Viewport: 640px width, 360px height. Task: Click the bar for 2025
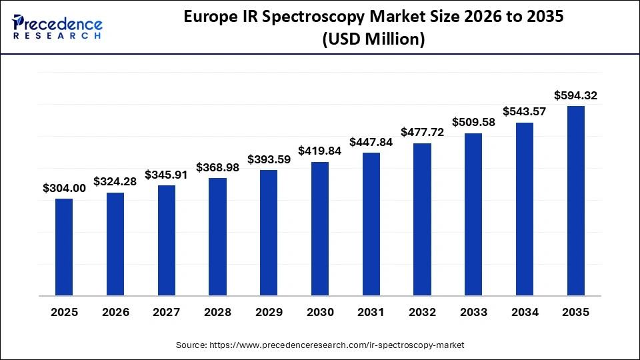(x=64, y=247)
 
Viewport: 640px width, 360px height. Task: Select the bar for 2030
(x=320, y=229)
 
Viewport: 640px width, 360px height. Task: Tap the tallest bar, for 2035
(x=575, y=201)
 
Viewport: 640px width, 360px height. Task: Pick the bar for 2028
(x=217, y=237)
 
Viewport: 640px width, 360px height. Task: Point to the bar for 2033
(x=473, y=214)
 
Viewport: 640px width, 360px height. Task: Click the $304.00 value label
(x=64, y=189)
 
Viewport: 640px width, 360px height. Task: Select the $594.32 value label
(x=575, y=96)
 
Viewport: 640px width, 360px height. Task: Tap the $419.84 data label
(x=320, y=151)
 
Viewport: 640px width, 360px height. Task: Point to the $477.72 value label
(x=422, y=133)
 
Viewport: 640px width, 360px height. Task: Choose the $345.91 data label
(x=166, y=175)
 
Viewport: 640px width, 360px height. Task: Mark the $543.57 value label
(x=524, y=112)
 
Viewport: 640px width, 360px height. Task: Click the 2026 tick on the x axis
(x=115, y=312)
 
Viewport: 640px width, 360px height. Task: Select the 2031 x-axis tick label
(x=371, y=312)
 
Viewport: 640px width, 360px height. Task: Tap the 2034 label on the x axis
(x=524, y=312)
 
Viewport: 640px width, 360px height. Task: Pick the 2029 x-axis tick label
(x=269, y=312)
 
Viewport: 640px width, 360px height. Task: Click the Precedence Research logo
(x=57, y=27)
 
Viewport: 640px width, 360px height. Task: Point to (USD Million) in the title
(x=373, y=39)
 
